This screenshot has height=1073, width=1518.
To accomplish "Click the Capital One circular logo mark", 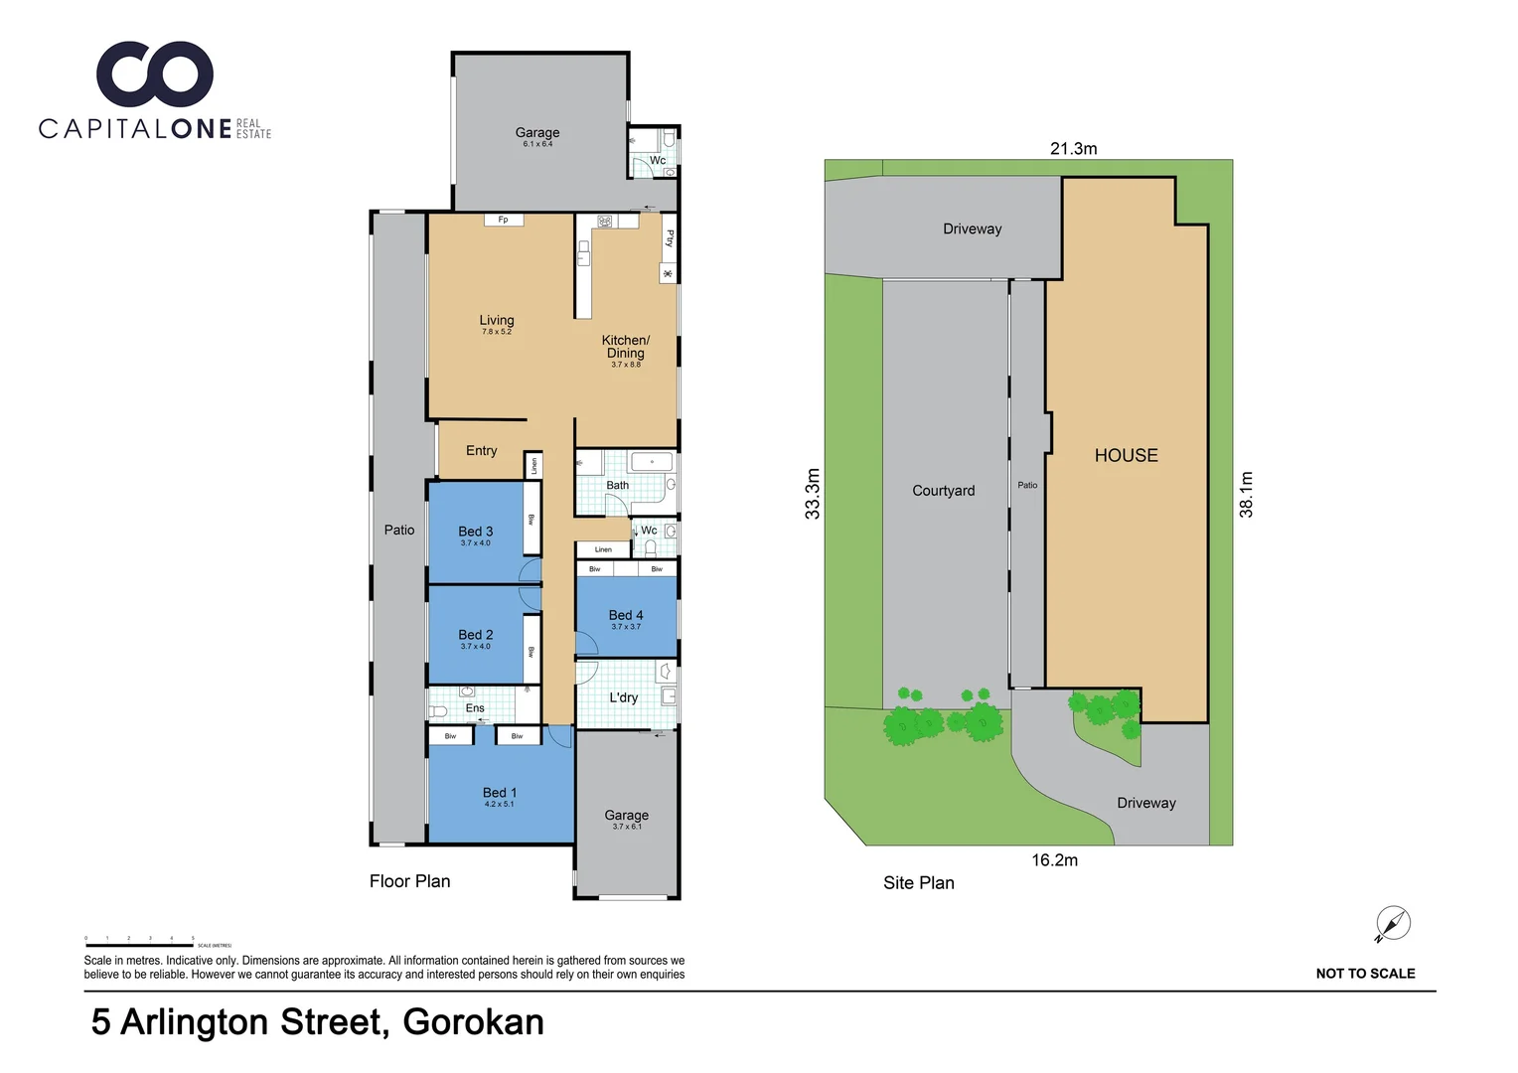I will pyautogui.click(x=155, y=75).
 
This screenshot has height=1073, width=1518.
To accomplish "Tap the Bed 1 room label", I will pyautogui.click(x=500, y=793).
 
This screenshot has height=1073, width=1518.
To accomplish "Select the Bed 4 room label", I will pyautogui.click(x=626, y=615).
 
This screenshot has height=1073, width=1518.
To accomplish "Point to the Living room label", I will pyautogui.click(x=497, y=320).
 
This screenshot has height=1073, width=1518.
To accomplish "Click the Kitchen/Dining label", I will pyautogui.click(x=626, y=347).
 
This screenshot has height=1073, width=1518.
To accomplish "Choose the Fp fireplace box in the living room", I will pyautogui.click(x=504, y=220).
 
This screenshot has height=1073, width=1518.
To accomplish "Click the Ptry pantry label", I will pyautogui.click(x=670, y=238).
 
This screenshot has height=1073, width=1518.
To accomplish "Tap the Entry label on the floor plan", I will pyautogui.click(x=482, y=451).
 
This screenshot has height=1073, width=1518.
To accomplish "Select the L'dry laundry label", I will pyautogui.click(x=624, y=697).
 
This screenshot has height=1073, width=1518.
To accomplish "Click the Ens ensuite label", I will pyautogui.click(x=476, y=708).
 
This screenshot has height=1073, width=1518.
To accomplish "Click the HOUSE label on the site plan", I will pyautogui.click(x=1127, y=455).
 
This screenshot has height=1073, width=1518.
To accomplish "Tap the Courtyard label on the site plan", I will pyautogui.click(x=944, y=491).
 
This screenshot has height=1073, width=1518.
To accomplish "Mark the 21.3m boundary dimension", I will pyautogui.click(x=1074, y=148).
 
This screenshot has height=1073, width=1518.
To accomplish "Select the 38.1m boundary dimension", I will pyautogui.click(x=1247, y=494).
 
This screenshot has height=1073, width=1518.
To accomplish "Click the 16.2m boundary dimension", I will pyautogui.click(x=1054, y=860).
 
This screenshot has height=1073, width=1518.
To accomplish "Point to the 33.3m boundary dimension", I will pyautogui.click(x=813, y=494).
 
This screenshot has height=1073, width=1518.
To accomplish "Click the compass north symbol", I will pyautogui.click(x=1393, y=924).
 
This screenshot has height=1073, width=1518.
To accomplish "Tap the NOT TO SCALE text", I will pyautogui.click(x=1365, y=974).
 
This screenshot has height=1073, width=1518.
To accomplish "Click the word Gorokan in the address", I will pyautogui.click(x=474, y=1022).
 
